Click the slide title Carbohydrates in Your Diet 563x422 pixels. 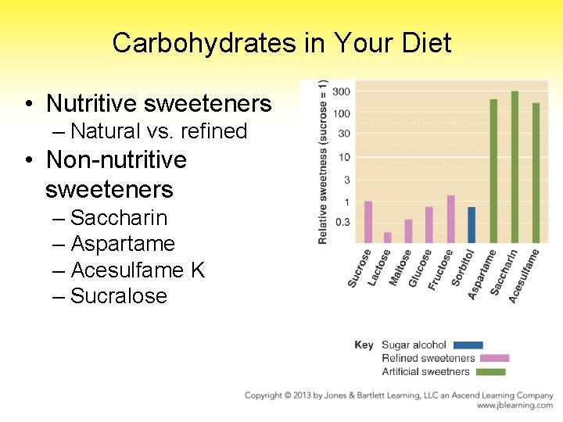(x=281, y=43)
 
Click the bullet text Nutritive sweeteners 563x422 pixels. (x=159, y=103)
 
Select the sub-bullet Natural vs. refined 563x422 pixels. (x=159, y=131)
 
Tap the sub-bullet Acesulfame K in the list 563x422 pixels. (x=138, y=270)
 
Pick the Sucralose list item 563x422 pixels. (x=119, y=296)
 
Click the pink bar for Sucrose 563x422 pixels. (x=368, y=222)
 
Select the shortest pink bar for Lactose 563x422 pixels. (x=388, y=238)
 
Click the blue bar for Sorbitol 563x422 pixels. (x=472, y=225)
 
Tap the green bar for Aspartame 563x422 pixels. (x=493, y=170)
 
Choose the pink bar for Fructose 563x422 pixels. (x=450, y=219)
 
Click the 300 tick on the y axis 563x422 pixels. (x=342, y=92)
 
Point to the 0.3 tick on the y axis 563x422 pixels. (x=343, y=223)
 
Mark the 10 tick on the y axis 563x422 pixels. (x=344, y=158)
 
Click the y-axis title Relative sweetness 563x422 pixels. (x=323, y=163)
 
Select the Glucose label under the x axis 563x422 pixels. (x=421, y=269)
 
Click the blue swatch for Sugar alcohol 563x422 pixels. (x=468, y=345)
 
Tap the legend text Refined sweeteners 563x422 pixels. (x=428, y=358)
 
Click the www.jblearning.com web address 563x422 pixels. (x=515, y=406)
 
